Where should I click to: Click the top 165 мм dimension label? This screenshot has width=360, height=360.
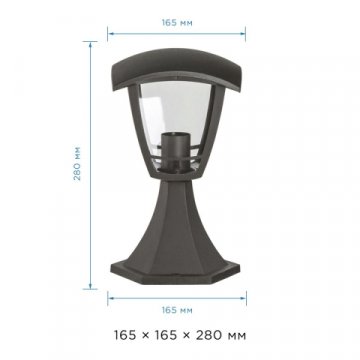(x=177, y=23)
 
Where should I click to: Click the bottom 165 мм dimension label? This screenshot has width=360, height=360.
(x=177, y=310)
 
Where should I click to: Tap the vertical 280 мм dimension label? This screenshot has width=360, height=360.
(x=77, y=163)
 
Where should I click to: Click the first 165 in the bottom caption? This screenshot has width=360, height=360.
(x=125, y=335)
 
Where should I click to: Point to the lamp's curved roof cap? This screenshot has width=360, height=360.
(x=177, y=68)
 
